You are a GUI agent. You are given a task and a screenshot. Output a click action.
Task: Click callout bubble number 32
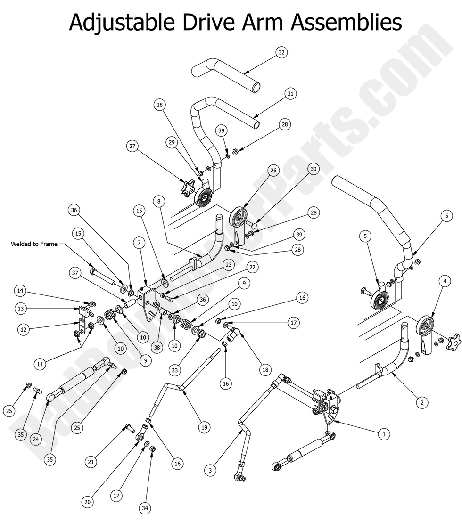click(281, 53)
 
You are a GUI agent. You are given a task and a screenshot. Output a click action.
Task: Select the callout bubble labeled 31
click(290, 94)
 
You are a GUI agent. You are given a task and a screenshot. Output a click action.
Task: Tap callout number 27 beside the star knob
click(133, 147)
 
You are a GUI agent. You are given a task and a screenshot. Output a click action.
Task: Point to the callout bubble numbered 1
click(384, 434)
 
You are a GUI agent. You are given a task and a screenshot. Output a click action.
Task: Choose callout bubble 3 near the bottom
click(211, 469)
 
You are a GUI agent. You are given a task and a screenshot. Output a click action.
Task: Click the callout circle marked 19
click(204, 428)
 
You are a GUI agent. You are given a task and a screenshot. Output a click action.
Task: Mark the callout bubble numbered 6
click(445, 216)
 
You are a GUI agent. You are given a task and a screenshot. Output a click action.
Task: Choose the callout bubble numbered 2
click(421, 402)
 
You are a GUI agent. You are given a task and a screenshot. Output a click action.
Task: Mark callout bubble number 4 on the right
click(444, 282)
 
